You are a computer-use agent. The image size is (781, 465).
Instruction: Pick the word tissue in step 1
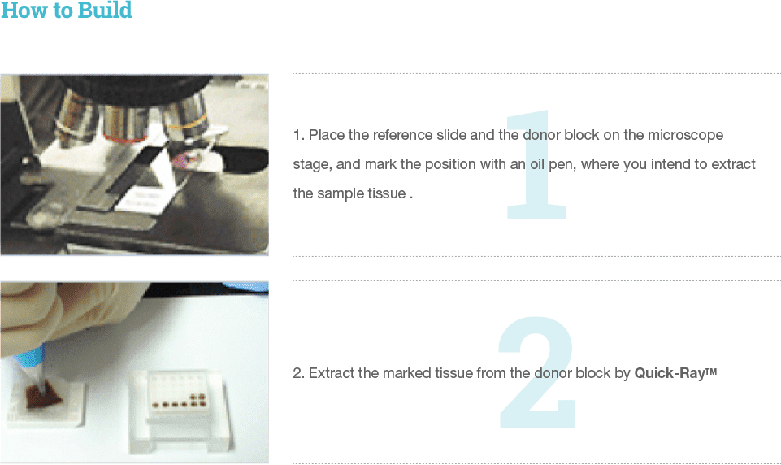tap(387, 193)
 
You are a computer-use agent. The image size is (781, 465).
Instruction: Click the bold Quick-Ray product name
tap(675, 373)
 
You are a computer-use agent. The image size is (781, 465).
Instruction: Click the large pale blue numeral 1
tap(536, 165)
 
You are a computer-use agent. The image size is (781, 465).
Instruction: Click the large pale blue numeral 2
tap(536, 372)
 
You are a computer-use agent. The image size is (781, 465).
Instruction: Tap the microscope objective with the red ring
tap(125, 124)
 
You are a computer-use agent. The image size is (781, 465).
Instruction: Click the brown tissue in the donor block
tap(43, 395)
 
